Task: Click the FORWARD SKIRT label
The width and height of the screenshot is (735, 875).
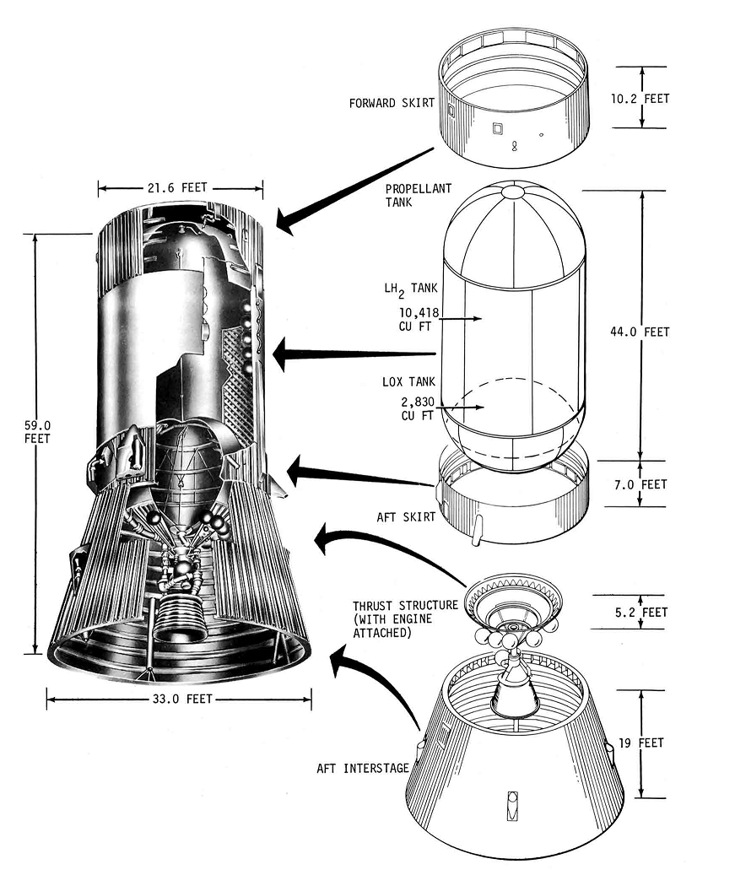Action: (x=392, y=104)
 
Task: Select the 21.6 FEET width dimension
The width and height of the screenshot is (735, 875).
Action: (x=179, y=187)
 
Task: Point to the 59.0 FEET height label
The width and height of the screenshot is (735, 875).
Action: (x=37, y=432)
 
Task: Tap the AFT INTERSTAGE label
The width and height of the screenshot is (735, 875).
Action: (x=362, y=768)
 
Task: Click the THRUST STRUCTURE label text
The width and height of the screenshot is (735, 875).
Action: (x=404, y=605)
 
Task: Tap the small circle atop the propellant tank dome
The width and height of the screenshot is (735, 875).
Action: (x=513, y=192)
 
